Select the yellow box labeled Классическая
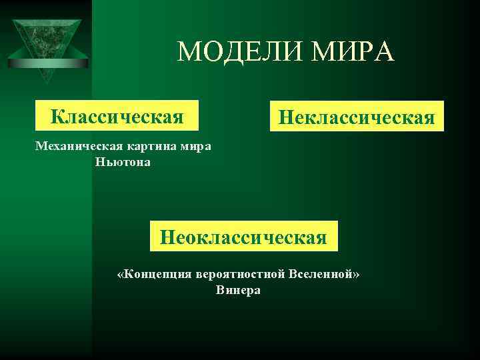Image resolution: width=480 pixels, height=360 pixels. (x=117, y=117)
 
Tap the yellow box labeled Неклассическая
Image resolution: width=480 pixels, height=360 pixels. (x=356, y=117)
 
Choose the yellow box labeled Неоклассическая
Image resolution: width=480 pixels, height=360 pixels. (x=244, y=236)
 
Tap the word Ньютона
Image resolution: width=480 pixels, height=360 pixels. (x=123, y=162)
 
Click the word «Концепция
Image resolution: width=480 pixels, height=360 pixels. (x=154, y=274)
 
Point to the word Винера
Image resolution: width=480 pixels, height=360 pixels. (x=239, y=290)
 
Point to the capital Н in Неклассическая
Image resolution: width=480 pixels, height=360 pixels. (x=285, y=118)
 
